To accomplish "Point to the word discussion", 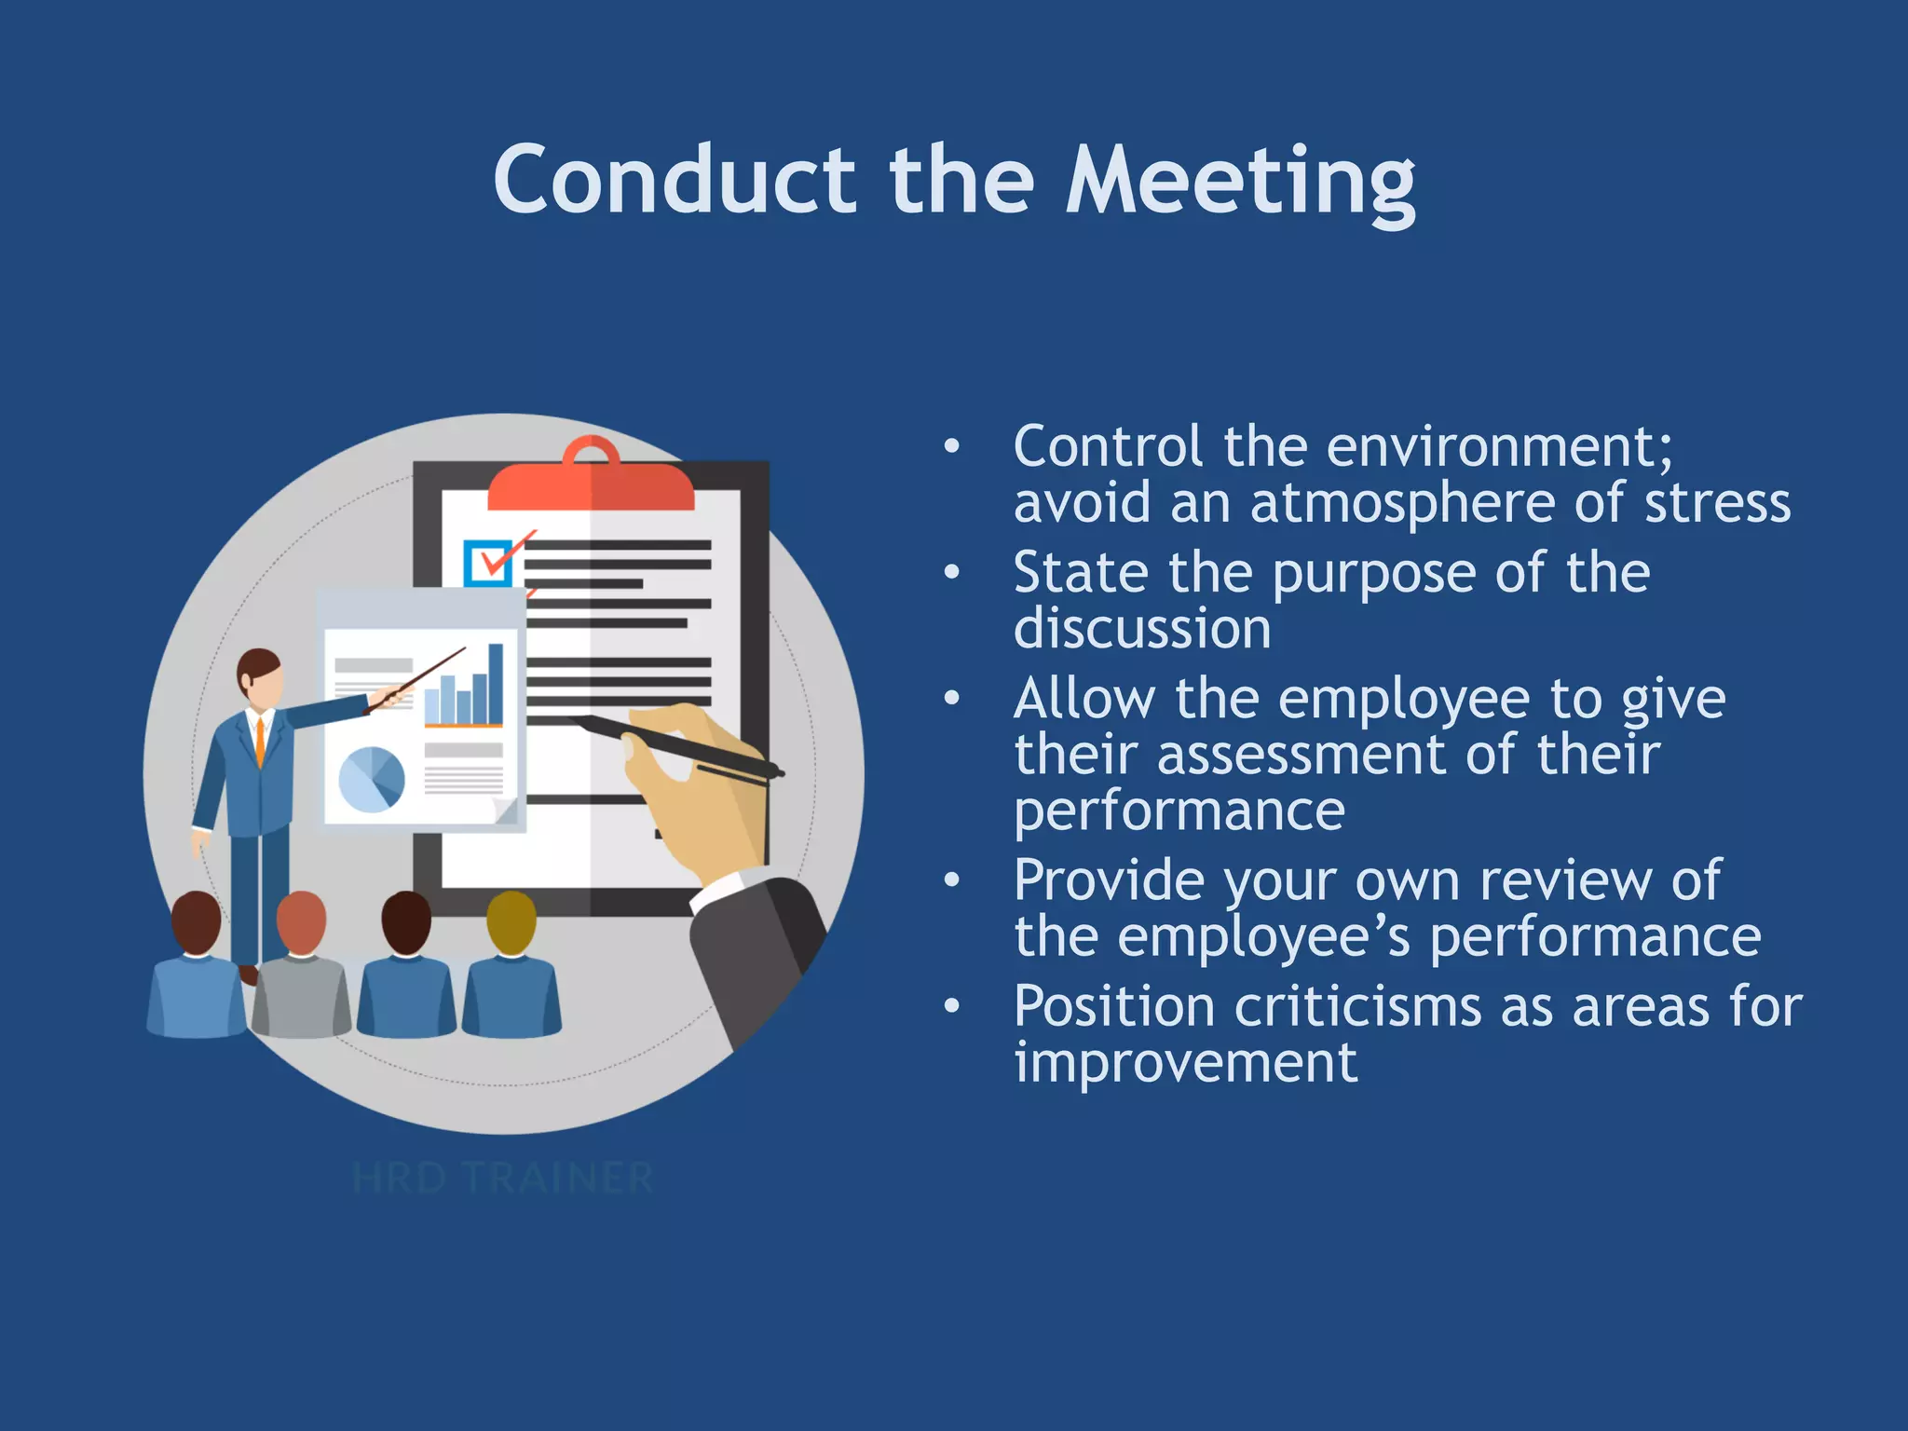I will click(1141, 630).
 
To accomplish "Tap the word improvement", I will click(1185, 1063).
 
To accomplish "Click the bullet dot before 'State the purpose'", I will click(951, 572).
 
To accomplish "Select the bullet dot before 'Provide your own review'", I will click(951, 880).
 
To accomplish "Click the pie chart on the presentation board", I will click(371, 779).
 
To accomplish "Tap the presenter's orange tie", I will click(260, 740).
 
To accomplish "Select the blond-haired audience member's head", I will click(511, 921).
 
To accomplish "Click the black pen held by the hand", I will click(680, 746).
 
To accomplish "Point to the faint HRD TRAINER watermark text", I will click(503, 1179).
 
